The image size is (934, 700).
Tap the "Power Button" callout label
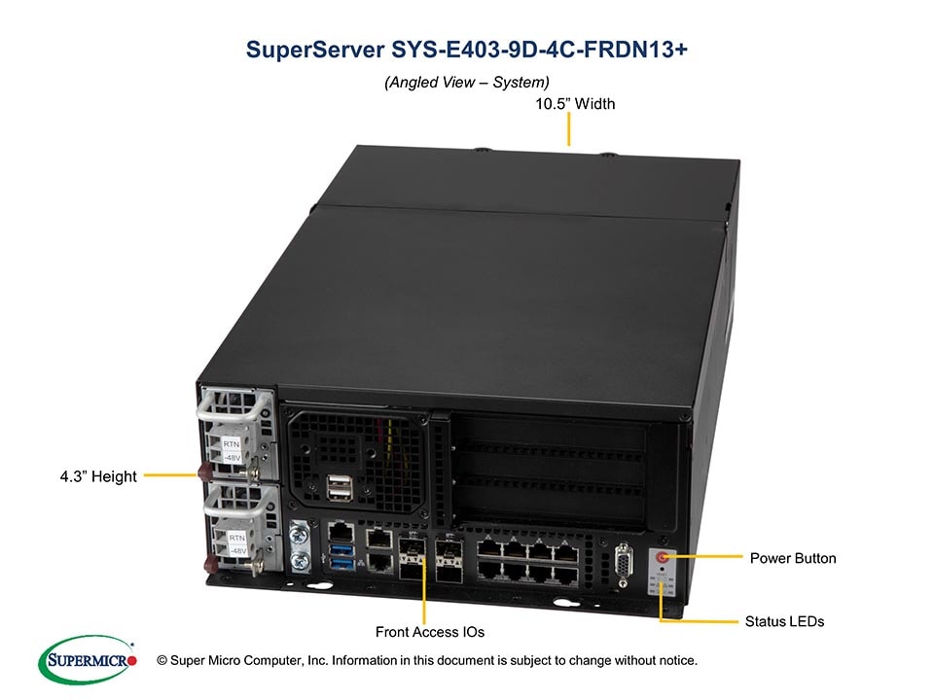tap(792, 558)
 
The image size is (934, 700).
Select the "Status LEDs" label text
tap(783, 620)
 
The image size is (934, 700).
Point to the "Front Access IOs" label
tap(429, 632)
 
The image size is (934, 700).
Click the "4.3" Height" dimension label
tap(98, 476)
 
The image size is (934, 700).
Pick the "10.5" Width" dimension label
tap(575, 103)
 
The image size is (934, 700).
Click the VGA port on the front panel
tap(624, 565)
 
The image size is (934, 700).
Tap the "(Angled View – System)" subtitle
tap(467, 83)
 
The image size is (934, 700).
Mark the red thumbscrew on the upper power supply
tap(205, 473)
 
